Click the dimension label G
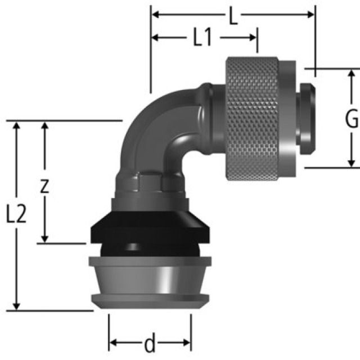tap(352, 119)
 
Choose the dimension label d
tap(150, 343)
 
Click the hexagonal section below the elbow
tap(148, 183)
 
